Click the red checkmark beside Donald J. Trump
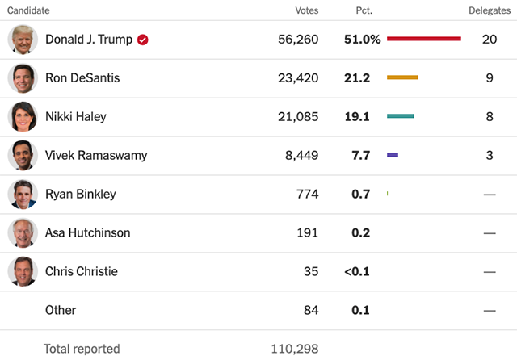click(143, 40)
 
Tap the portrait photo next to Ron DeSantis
click(23, 78)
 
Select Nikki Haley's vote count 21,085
click(298, 116)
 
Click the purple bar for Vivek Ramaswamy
click(393, 155)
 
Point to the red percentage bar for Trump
click(424, 39)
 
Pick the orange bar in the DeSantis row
click(402, 77)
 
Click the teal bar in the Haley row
click(401, 116)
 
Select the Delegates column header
click(490, 10)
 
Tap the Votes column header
click(307, 10)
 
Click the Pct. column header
click(364, 10)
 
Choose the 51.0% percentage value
click(363, 40)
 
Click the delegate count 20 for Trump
click(490, 40)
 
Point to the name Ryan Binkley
click(81, 194)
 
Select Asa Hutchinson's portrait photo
click(23, 232)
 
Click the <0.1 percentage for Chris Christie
click(357, 271)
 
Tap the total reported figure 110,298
click(295, 349)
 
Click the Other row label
click(61, 310)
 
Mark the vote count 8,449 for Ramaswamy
click(301, 155)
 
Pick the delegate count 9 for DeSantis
click(490, 78)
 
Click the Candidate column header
click(28, 10)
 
